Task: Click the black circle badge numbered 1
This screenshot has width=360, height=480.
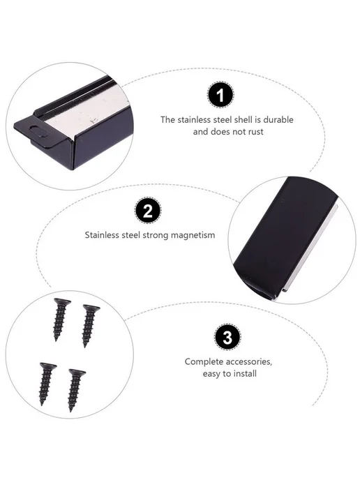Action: point(220,95)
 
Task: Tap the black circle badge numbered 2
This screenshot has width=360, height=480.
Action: point(148,211)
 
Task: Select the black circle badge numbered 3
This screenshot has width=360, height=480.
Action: point(227,338)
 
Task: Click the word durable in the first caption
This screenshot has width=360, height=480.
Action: point(278,120)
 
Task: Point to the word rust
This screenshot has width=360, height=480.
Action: point(255,132)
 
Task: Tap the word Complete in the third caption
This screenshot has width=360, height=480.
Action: point(204,362)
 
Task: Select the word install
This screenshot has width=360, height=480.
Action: point(245,374)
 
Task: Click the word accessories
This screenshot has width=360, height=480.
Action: point(249,362)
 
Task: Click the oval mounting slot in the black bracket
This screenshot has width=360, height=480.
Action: point(38,130)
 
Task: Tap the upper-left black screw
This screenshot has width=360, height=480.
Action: point(60,319)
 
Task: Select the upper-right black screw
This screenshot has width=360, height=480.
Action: point(90,325)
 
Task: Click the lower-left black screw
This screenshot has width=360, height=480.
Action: point(47,384)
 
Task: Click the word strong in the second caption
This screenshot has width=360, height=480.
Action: point(156,235)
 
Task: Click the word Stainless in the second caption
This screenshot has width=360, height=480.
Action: point(102,235)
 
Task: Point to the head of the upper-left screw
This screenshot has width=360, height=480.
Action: point(62,302)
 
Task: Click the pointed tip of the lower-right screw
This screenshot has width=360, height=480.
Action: point(70,410)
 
